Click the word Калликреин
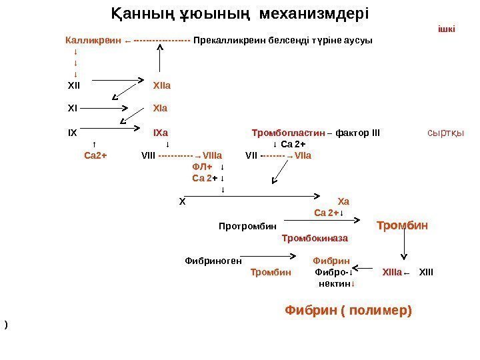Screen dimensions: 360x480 [x=93, y=40]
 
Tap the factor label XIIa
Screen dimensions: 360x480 [x=162, y=85]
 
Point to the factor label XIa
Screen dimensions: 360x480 [x=160, y=107]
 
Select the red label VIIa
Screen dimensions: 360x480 [x=303, y=157]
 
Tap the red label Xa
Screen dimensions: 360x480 [x=344, y=201]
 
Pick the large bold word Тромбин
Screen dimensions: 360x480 [x=402, y=225]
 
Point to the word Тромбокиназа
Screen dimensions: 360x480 [x=315, y=237]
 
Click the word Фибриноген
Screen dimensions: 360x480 [x=213, y=260]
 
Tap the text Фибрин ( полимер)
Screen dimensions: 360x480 [x=349, y=310]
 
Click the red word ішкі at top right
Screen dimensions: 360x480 [x=447, y=29]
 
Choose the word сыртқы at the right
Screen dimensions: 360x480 [x=445, y=132]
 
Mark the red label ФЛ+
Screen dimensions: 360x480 [x=201, y=167]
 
